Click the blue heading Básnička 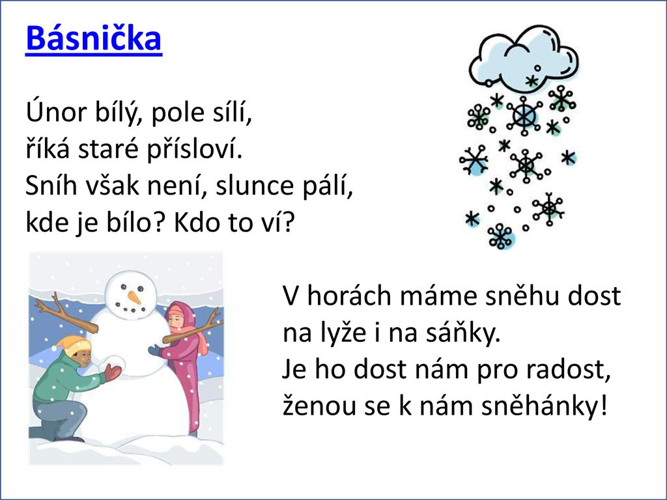click(94, 38)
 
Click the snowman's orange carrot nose click(134, 297)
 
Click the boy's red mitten click(113, 372)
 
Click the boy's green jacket click(64, 380)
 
